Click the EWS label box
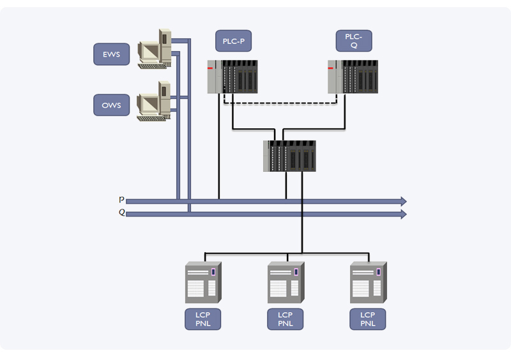(111, 54)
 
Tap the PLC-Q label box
(354, 41)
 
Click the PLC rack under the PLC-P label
(233, 77)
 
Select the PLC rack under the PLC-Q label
(353, 77)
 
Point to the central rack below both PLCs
(289, 156)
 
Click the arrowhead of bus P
(403, 201)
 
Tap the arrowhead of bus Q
(403, 214)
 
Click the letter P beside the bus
(121, 200)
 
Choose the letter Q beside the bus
(121, 213)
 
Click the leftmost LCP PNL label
(203, 319)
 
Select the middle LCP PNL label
(286, 319)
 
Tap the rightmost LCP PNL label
(368, 319)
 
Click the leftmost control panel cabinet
(203, 283)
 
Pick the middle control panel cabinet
(286, 283)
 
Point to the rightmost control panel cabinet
(368, 283)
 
